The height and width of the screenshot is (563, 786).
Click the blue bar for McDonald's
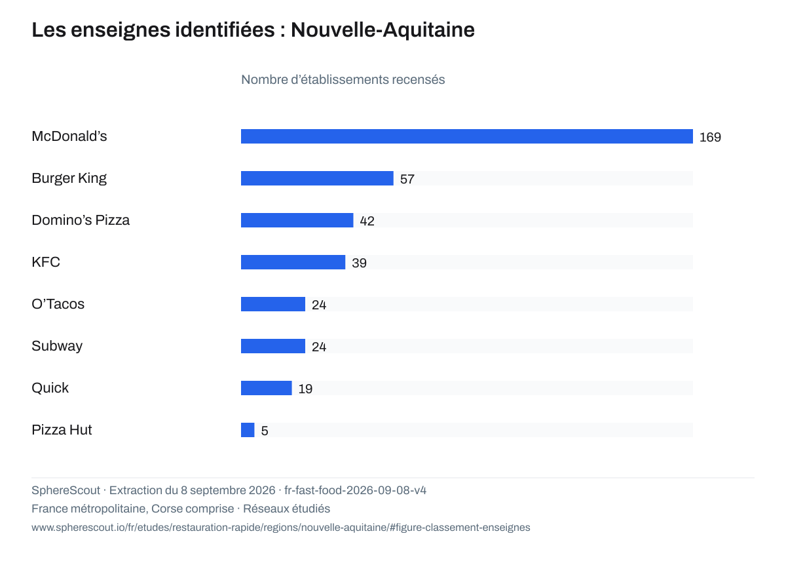466,136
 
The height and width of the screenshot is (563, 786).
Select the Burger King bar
317,178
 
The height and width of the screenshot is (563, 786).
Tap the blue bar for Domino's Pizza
297,220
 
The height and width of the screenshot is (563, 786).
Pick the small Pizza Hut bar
248,430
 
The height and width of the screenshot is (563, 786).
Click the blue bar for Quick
267,388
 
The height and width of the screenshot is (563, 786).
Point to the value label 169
710,137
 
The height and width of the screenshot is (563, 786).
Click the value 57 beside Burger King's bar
407,179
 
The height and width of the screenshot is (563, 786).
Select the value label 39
360,263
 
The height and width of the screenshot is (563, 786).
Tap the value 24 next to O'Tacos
319,305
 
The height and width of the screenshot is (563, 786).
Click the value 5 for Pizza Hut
265,431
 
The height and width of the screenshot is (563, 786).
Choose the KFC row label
46,262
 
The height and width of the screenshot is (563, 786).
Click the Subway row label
57,346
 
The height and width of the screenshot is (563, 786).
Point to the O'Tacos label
58,304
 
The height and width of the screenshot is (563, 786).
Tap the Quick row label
50,388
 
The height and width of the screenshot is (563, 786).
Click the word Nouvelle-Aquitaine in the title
383,29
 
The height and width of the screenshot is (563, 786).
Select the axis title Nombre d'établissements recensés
343,80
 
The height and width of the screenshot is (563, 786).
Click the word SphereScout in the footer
66,490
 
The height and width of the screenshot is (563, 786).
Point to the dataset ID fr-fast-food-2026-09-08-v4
356,490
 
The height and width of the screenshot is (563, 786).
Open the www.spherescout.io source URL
281,528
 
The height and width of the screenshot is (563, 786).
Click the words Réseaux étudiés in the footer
287,509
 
